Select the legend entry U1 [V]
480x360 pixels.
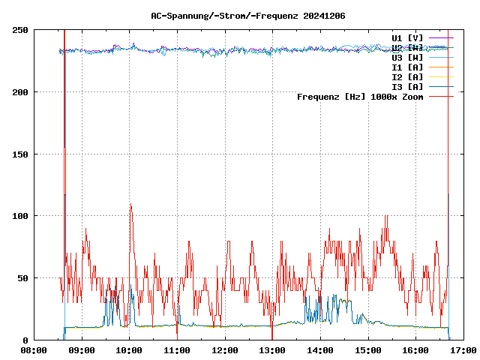click(x=407, y=37)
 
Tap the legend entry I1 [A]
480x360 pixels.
click(x=407, y=67)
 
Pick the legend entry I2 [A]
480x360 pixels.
click(x=407, y=76)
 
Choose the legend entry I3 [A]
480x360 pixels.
click(x=407, y=86)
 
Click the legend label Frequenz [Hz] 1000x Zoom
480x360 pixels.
click(x=360, y=96)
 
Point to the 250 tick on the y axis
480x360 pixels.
click(x=20, y=30)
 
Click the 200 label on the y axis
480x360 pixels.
click(x=20, y=92)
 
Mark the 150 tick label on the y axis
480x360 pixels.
click(x=20, y=154)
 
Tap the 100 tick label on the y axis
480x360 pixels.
click(x=20, y=216)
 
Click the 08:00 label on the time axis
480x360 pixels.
click(x=34, y=349)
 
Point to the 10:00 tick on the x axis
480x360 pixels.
click(x=129, y=349)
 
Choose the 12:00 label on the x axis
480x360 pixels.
click(x=224, y=349)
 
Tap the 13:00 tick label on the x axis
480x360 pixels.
click(x=272, y=349)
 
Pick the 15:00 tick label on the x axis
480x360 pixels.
click(x=367, y=349)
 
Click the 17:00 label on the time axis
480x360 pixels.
click(x=463, y=349)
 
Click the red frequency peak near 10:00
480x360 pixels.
click(x=130, y=204)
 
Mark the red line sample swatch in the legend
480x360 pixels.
click(x=441, y=96)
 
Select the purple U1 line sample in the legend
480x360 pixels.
click(x=441, y=37)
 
